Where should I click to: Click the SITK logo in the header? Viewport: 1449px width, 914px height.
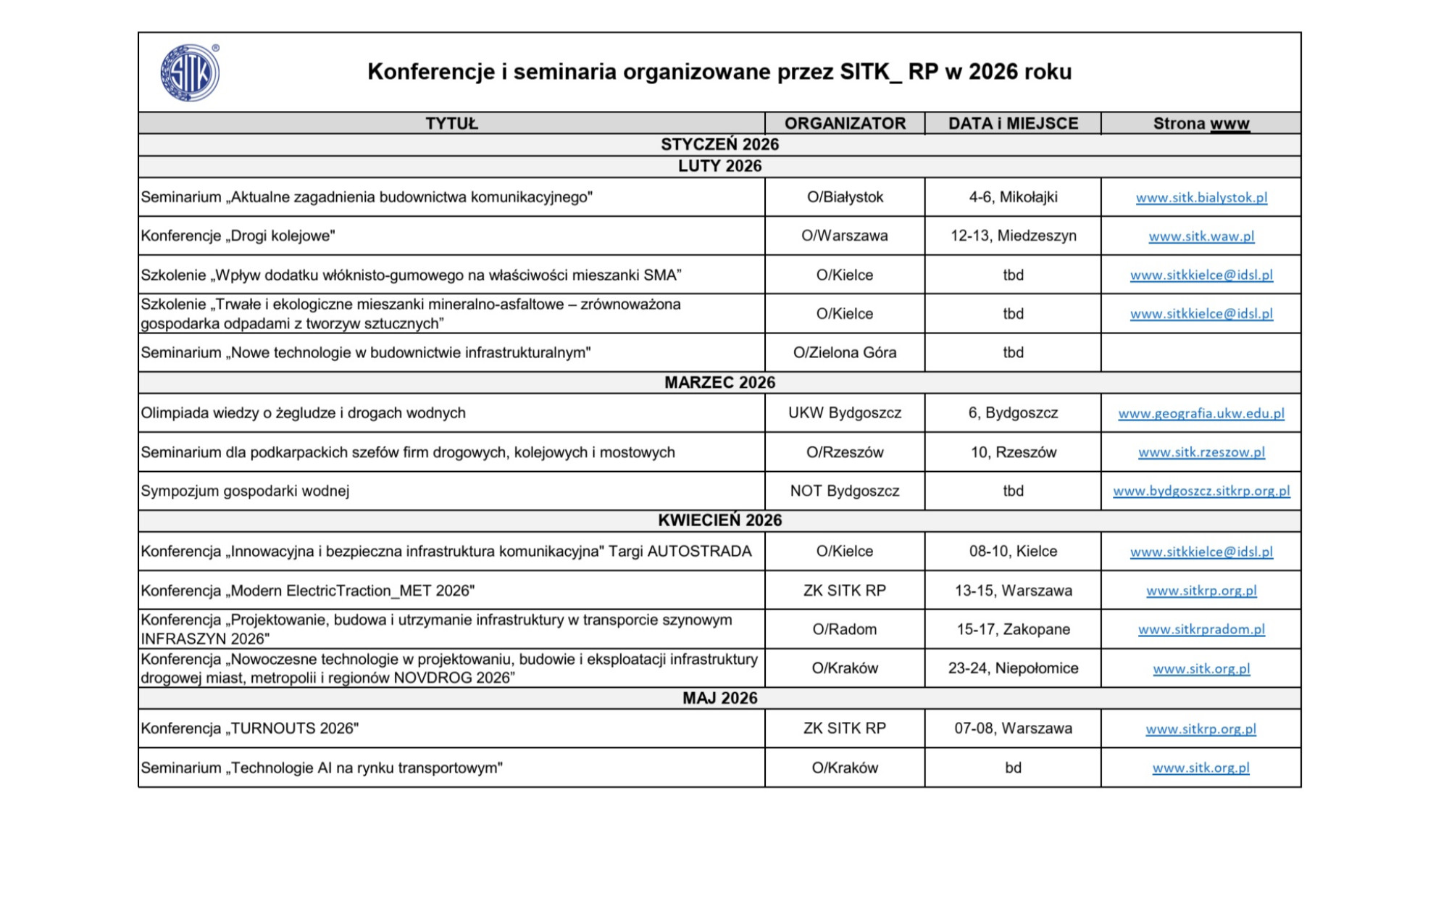(x=189, y=72)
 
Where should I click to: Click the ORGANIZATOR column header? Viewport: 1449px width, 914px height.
(x=845, y=123)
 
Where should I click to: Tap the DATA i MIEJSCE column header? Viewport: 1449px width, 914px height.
(x=1013, y=123)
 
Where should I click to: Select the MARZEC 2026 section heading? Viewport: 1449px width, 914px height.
(x=719, y=383)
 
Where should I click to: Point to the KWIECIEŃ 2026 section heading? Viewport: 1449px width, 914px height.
(x=719, y=520)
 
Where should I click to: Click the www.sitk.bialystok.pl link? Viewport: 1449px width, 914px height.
(x=1201, y=198)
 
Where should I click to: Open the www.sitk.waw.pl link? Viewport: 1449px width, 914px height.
(x=1201, y=236)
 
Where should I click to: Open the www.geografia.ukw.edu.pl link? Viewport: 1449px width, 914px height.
(x=1201, y=413)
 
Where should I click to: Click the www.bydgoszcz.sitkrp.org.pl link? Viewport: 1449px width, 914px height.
(x=1201, y=491)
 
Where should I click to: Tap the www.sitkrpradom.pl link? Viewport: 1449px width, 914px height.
(x=1201, y=629)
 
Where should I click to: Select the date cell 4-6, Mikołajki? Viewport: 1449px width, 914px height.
(x=1013, y=197)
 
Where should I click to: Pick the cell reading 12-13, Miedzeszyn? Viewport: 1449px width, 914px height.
(x=1013, y=236)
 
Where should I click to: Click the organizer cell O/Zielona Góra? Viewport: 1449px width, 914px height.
(x=845, y=352)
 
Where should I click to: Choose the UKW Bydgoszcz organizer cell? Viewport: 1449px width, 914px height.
(x=845, y=413)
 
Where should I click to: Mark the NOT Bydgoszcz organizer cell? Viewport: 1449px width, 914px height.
(x=845, y=491)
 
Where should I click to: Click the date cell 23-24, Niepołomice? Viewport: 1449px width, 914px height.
(x=1013, y=668)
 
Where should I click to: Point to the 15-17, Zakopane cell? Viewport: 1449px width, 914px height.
(x=1013, y=629)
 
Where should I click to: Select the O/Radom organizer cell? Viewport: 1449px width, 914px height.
(x=845, y=629)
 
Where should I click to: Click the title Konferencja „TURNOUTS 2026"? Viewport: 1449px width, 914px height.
(x=250, y=728)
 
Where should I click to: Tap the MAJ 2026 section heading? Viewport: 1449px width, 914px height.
(x=719, y=698)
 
